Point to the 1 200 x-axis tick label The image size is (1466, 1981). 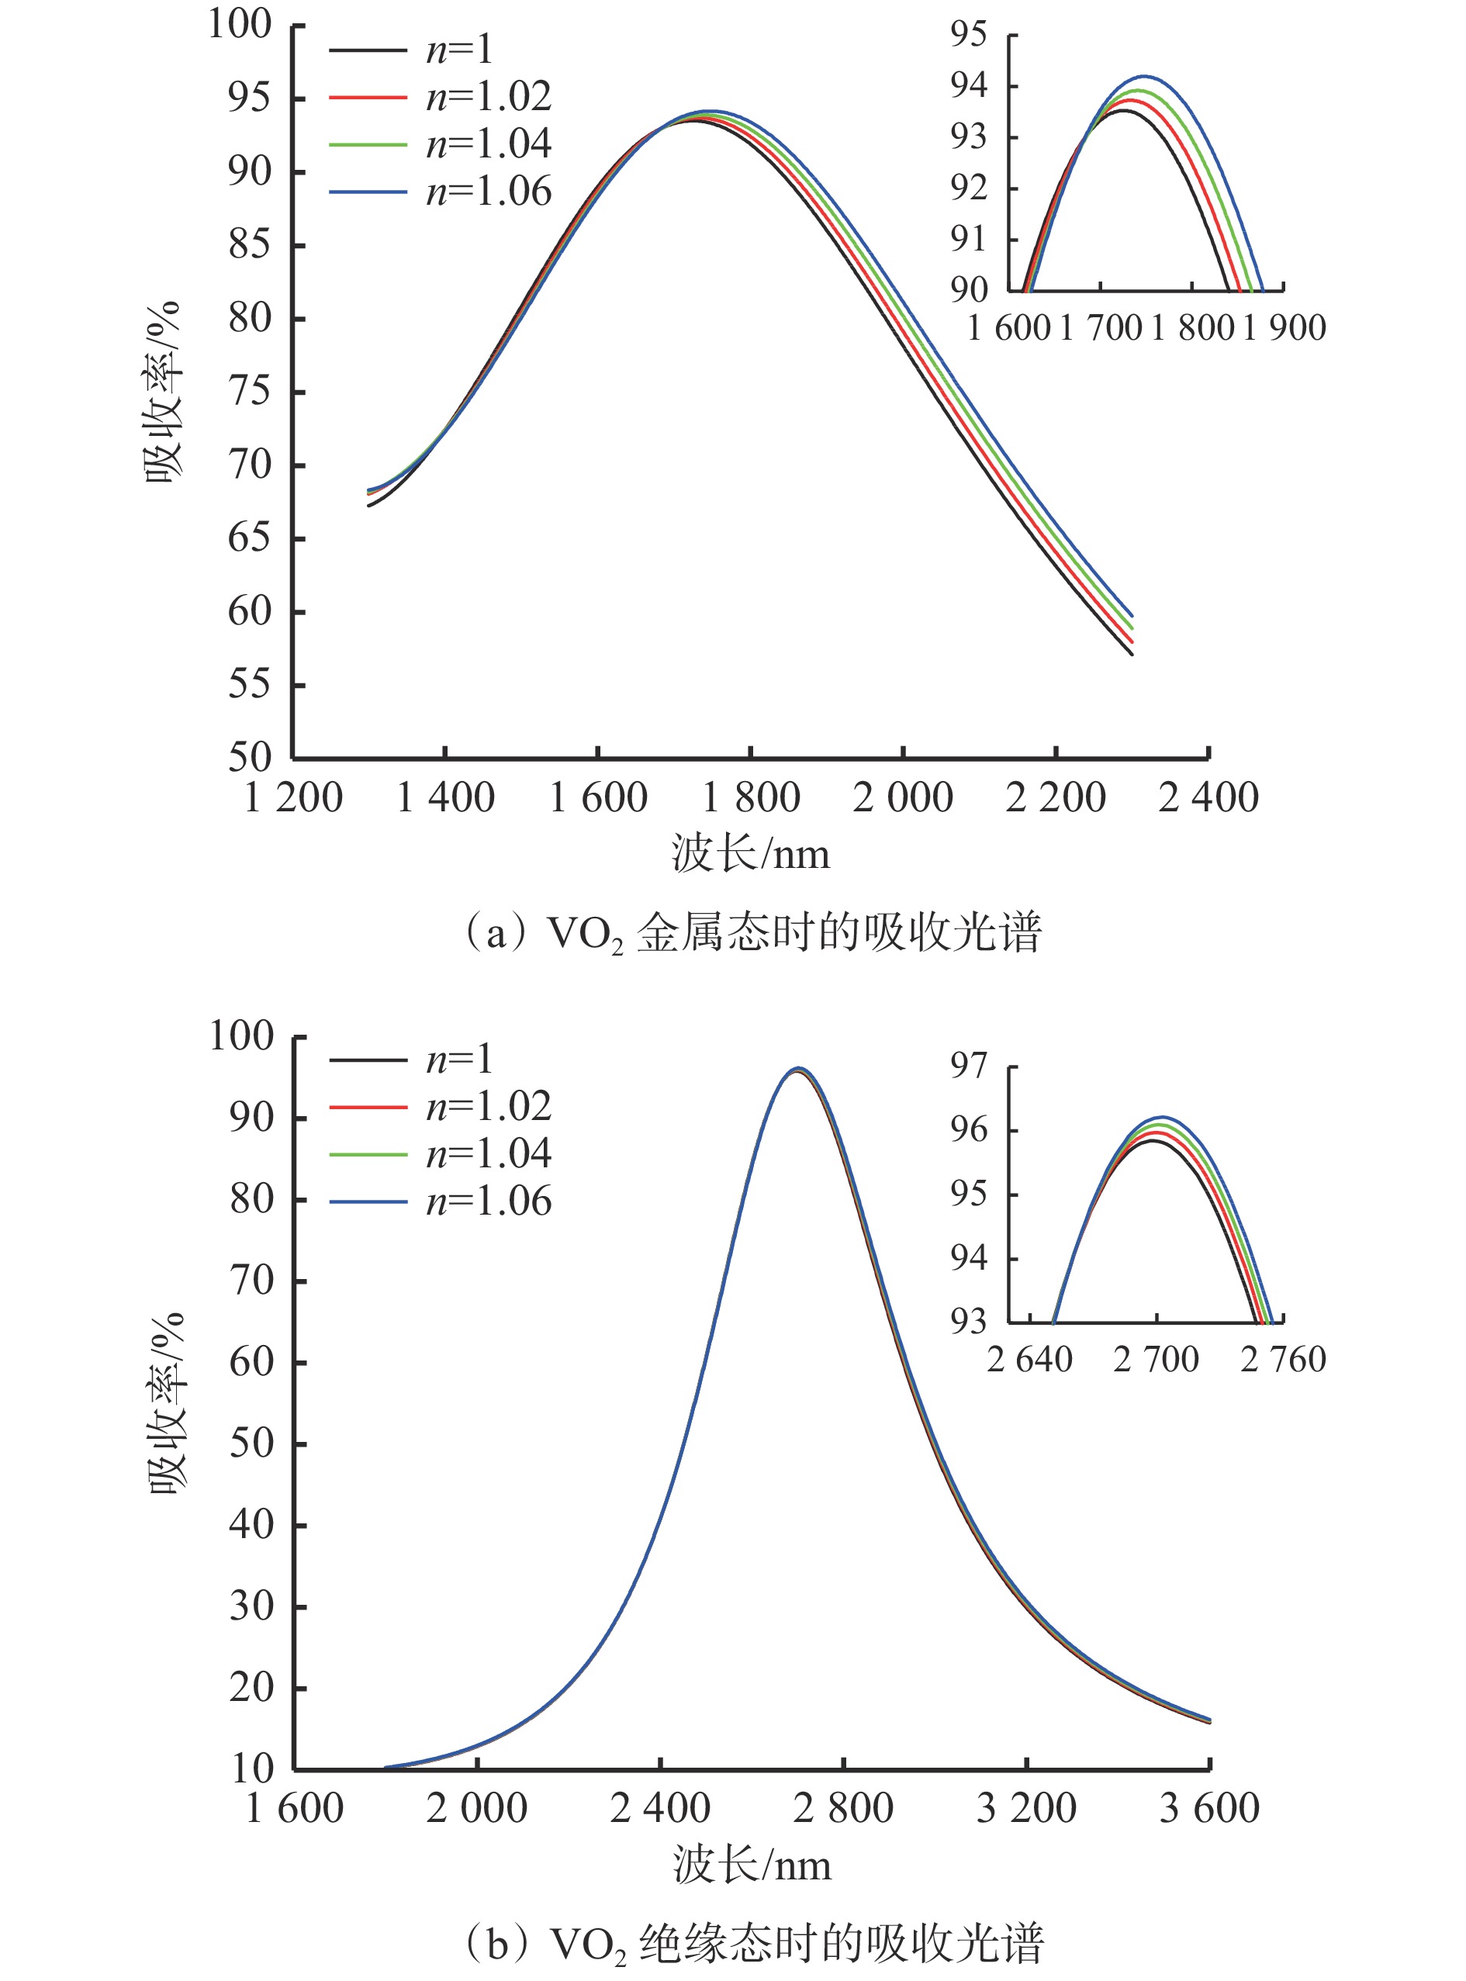(293, 797)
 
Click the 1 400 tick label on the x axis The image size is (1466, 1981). (445, 797)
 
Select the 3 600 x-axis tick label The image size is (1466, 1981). (1208, 1808)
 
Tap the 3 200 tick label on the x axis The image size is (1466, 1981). (1026, 1808)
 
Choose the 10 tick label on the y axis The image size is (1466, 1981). (252, 1769)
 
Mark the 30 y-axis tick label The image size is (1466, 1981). (252, 1606)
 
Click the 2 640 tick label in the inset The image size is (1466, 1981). (1029, 1359)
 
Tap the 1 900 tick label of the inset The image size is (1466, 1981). (1283, 328)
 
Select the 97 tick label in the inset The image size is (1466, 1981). (969, 1066)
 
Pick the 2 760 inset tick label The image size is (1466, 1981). (1283, 1359)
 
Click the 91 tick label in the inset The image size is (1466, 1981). (969, 239)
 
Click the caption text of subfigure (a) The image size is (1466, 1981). (752, 933)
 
